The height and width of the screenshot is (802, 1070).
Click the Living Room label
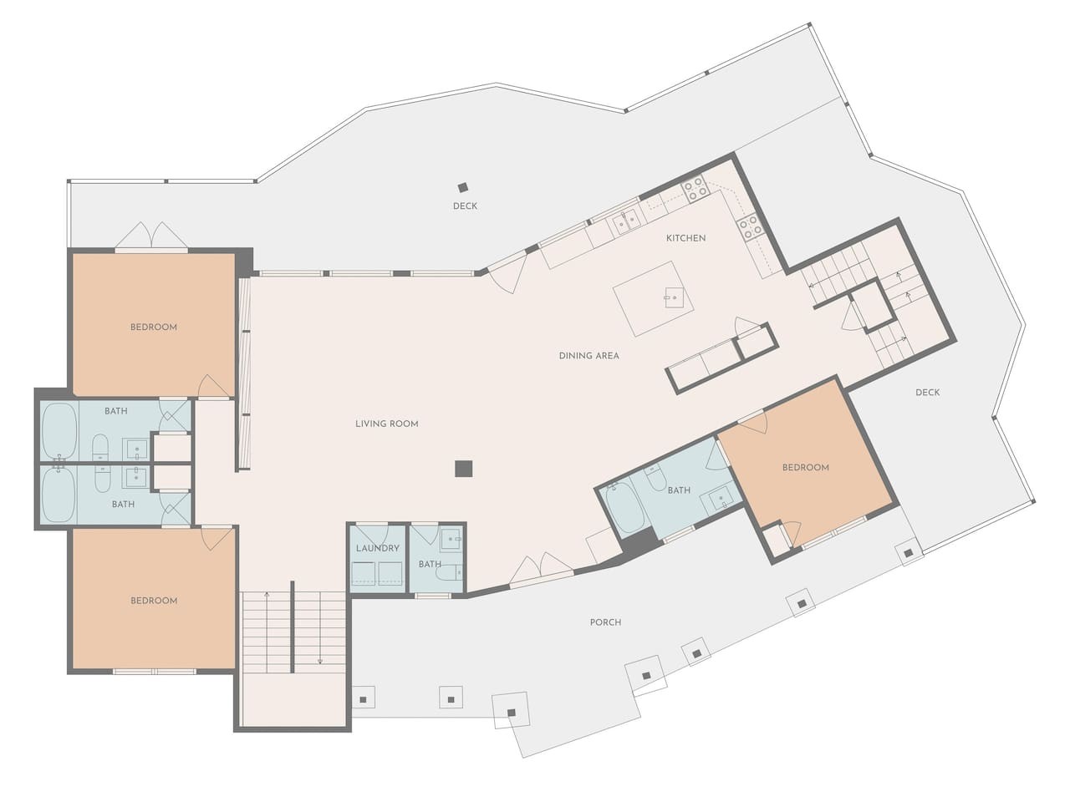386,424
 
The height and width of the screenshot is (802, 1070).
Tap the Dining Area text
588,356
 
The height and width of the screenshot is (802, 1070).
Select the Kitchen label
685,238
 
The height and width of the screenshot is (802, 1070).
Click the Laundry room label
378,548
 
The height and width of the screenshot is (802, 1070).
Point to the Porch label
605,622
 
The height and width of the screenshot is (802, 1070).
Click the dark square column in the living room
464,469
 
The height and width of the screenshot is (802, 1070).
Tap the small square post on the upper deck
462,187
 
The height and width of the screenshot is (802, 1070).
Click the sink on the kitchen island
674,297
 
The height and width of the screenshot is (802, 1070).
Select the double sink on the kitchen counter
626,222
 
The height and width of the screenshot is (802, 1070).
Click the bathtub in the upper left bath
59,431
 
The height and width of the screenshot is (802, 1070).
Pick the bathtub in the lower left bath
59,495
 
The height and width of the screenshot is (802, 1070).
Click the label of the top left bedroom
154,327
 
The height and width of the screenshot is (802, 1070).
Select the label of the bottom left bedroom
154,601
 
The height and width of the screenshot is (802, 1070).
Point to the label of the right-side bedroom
805,468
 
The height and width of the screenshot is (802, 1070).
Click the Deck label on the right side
927,393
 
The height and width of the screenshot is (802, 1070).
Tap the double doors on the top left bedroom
151,236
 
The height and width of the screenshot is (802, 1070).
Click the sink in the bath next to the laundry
451,539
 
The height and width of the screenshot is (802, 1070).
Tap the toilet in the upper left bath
100,447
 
